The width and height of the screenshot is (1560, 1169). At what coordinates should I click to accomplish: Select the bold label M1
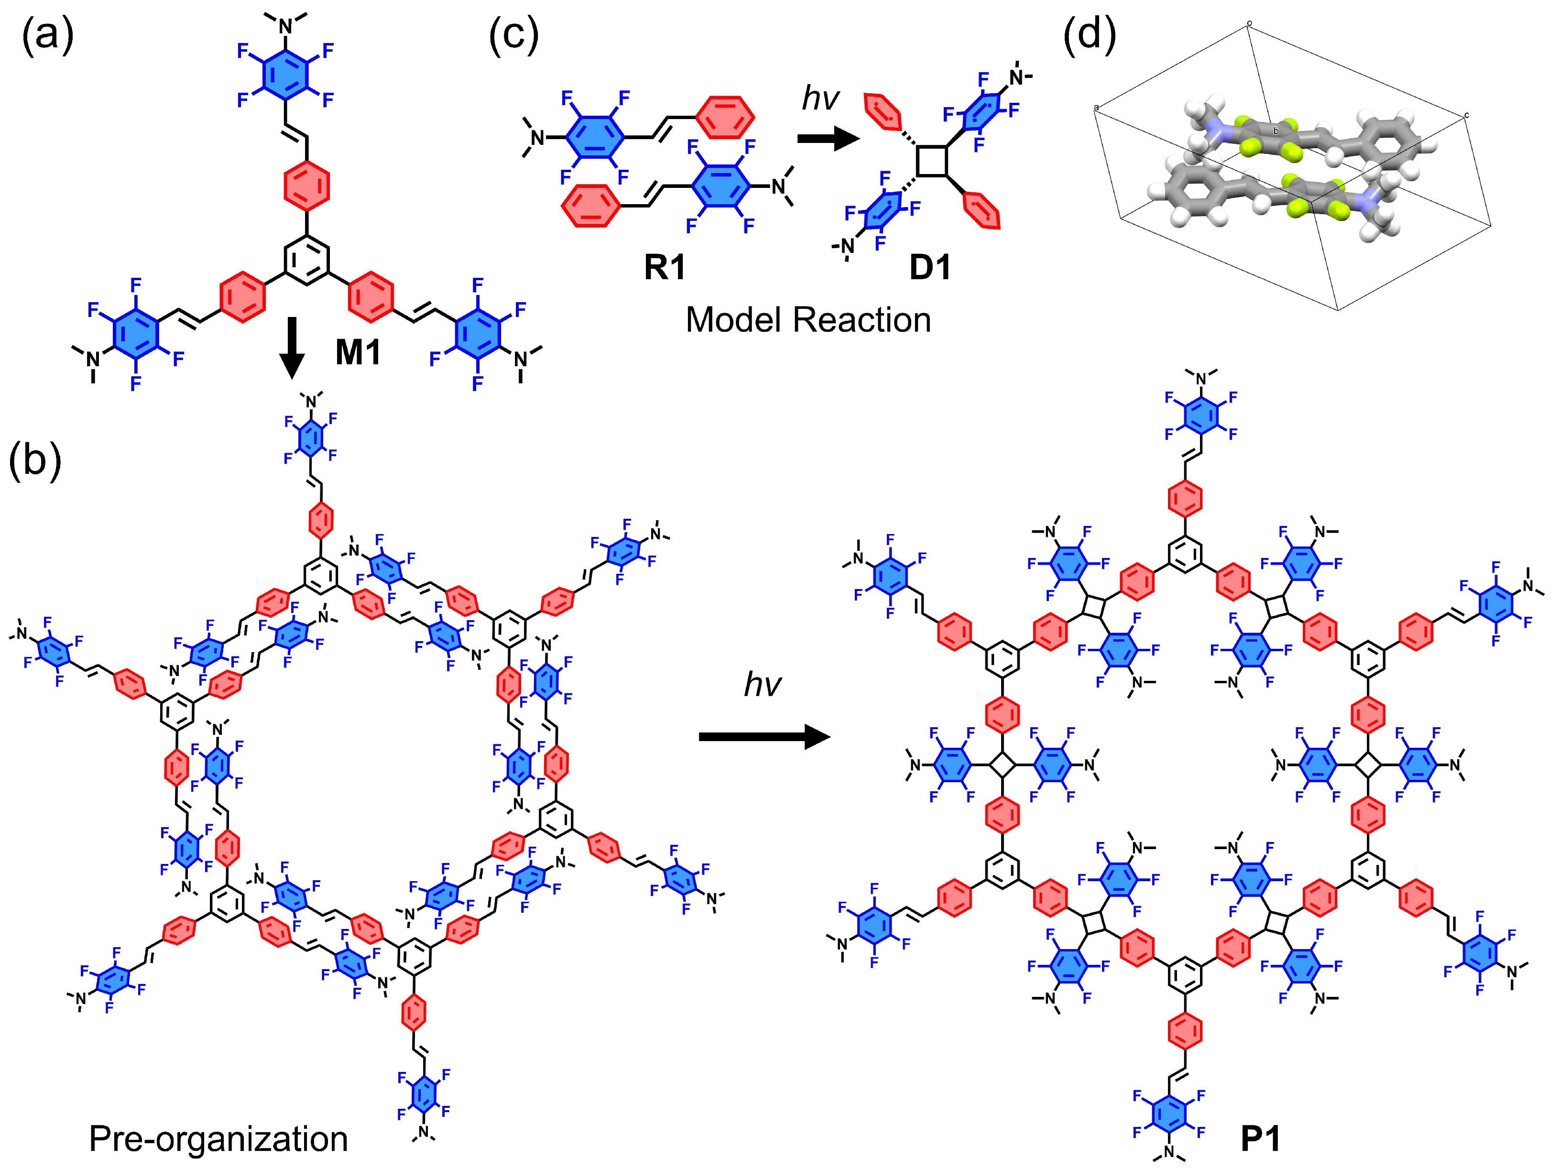pyautogui.click(x=358, y=352)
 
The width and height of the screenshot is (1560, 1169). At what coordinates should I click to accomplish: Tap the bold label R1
pyautogui.click(x=665, y=267)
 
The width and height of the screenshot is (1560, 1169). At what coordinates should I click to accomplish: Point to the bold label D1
pyautogui.click(x=930, y=267)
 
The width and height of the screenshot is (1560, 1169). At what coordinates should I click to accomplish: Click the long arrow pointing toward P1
pyautogui.click(x=763, y=738)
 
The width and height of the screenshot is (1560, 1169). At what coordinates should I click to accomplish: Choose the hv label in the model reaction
pyautogui.click(x=820, y=98)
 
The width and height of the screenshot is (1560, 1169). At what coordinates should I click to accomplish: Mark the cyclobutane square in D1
pyautogui.click(x=932, y=161)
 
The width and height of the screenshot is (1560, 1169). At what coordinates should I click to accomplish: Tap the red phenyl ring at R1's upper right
pyautogui.click(x=725, y=116)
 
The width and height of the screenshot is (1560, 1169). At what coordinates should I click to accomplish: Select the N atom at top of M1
pyautogui.click(x=285, y=26)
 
